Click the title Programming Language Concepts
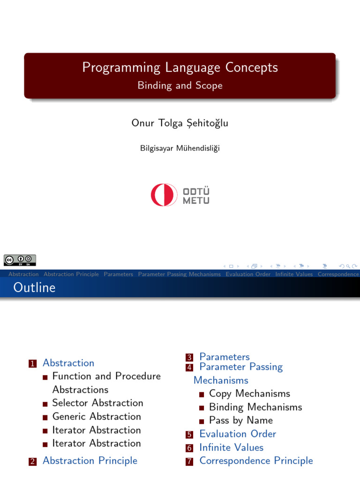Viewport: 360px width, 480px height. coord(180,67)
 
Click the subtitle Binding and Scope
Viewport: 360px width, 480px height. coord(180,85)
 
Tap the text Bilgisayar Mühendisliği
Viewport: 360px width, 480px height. coord(180,148)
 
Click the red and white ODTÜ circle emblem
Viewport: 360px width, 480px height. coord(164,195)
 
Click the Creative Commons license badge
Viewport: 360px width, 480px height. coord(20,260)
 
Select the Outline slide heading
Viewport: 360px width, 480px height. coord(34,287)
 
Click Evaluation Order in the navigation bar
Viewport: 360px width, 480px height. coord(248,274)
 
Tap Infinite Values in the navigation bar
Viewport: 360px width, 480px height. coord(294,274)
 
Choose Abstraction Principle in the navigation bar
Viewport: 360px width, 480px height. coord(71,274)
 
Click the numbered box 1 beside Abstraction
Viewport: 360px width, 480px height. coord(32,363)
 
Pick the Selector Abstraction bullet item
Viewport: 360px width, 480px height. coord(97,403)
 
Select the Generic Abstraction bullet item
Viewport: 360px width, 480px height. coord(97,416)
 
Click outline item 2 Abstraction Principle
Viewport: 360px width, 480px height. coord(90,460)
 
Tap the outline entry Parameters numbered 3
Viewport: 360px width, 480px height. coord(225,357)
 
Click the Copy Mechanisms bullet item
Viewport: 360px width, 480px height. coord(249,393)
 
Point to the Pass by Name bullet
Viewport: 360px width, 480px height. coord(240,420)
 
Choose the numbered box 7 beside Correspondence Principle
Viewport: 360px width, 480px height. coord(189,461)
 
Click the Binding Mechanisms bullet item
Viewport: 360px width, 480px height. coord(255,407)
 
